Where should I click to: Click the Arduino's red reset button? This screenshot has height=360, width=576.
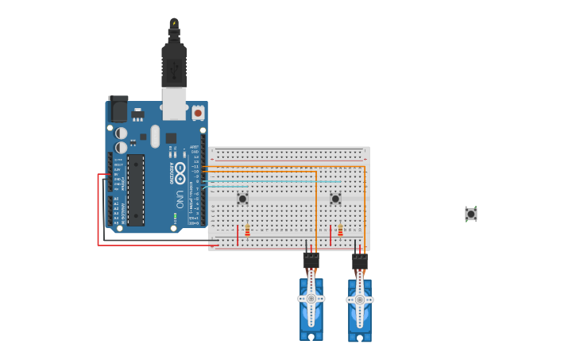[x=198, y=113]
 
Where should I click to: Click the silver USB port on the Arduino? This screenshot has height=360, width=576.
[x=174, y=103]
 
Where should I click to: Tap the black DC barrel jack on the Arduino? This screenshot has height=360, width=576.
[x=118, y=109]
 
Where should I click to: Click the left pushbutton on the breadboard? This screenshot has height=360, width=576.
[x=242, y=198]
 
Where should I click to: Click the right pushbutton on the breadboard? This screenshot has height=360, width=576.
[x=335, y=198]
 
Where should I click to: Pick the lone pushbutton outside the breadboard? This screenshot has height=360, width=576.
[x=471, y=214]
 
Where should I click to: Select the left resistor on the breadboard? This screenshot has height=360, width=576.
[x=247, y=230]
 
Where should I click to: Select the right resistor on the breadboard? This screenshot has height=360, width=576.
[x=340, y=230]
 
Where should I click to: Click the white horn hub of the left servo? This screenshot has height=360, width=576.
[x=311, y=299]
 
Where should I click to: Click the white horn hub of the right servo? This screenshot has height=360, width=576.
[x=360, y=300]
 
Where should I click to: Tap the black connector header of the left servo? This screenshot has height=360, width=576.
[x=311, y=259]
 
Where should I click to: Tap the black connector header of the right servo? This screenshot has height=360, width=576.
[x=360, y=261]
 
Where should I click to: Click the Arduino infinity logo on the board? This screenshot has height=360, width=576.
[x=180, y=171]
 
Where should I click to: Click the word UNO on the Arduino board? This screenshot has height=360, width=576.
[x=180, y=199]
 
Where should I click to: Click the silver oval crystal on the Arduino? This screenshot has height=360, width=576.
[x=155, y=136]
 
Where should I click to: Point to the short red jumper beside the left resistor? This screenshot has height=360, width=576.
[x=237, y=234]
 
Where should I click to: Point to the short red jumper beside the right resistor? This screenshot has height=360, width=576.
[x=331, y=234]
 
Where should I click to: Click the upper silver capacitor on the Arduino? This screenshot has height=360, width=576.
[x=122, y=134]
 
